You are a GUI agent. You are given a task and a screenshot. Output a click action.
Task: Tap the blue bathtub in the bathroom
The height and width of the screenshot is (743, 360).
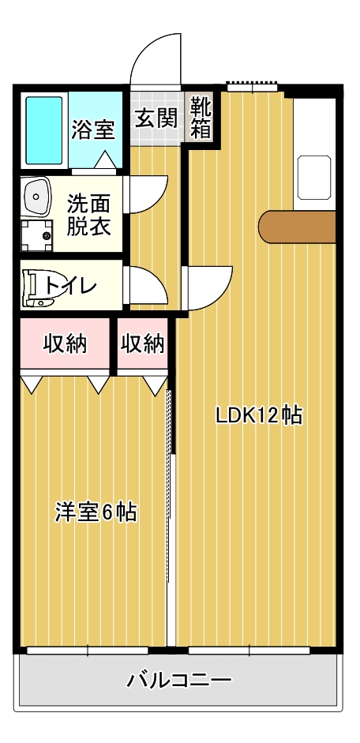point(44,130)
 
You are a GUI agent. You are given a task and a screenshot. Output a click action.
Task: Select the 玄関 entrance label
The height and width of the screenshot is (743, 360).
point(156,118)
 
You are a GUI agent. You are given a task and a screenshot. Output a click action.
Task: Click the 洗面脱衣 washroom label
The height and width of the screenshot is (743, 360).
point(88,216)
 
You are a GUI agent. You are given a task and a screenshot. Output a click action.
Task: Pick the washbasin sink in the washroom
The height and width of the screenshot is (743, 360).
point(36,196)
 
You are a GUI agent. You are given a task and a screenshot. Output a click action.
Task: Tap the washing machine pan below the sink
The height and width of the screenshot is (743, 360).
point(36,235)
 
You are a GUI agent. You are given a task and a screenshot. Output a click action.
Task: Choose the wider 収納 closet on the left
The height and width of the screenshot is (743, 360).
point(66,343)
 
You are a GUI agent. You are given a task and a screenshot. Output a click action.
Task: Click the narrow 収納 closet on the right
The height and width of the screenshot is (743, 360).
point(143,343)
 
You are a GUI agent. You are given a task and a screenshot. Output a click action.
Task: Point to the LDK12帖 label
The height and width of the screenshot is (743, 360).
point(259,415)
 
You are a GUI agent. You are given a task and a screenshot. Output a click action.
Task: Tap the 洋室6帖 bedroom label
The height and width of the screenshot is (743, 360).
point(96,512)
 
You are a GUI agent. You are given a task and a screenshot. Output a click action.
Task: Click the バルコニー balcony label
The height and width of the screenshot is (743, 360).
point(179,681)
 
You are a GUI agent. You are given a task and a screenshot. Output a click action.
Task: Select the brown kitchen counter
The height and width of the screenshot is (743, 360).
point(297,227)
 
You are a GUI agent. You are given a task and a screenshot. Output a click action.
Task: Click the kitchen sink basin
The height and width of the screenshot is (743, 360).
point(314,178)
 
